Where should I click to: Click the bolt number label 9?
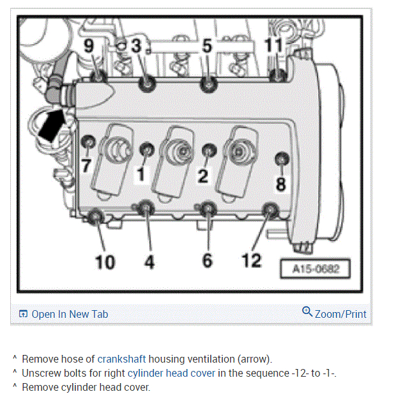coord(89,47)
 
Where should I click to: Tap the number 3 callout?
coord(136,46)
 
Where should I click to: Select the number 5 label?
coord(206,46)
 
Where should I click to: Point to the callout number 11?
coord(273,46)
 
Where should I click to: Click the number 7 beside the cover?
coord(86,166)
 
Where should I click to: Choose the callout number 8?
coord(280,184)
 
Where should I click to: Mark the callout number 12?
coord(252,261)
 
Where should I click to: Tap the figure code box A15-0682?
coord(316,269)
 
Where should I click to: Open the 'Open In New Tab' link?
coord(70,314)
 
